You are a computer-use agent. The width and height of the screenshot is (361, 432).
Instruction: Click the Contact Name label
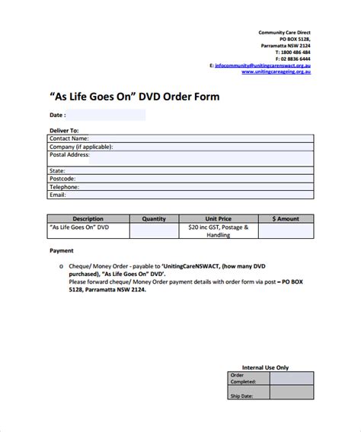click(69, 138)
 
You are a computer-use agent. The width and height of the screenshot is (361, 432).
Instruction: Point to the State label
click(57, 171)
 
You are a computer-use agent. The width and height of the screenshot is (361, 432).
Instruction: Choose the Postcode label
click(62, 179)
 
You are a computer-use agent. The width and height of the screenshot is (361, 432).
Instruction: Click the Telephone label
click(65, 186)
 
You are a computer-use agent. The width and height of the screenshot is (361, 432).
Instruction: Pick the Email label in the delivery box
click(58, 195)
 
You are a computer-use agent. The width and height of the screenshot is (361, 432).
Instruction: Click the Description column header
click(88, 218)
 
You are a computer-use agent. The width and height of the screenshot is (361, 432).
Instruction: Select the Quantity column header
click(154, 218)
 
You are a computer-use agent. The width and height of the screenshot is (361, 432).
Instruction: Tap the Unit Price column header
click(218, 218)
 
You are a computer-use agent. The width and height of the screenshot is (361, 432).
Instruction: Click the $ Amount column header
click(286, 218)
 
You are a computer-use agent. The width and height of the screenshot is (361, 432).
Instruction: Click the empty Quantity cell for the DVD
click(154, 231)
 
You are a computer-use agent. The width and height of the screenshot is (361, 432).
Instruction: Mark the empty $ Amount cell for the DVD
click(286, 231)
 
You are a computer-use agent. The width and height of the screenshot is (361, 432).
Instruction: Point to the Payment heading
click(62, 250)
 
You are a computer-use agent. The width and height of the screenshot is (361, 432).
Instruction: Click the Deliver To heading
click(64, 130)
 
